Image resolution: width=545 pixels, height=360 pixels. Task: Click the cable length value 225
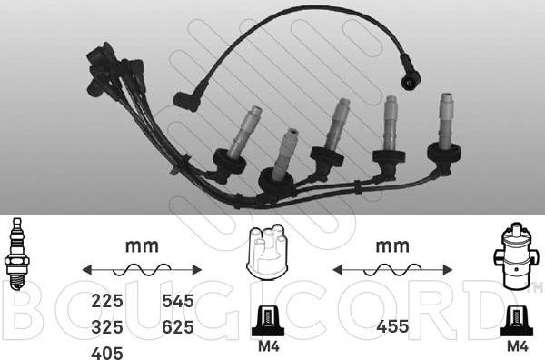[107, 301]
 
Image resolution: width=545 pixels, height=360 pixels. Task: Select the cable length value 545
[178, 301]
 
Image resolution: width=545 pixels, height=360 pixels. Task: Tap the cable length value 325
[107, 327]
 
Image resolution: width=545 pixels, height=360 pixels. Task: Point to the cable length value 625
[178, 327]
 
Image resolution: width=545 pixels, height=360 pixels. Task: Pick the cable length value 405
[107, 353]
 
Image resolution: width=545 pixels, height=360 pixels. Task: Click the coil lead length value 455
[392, 326]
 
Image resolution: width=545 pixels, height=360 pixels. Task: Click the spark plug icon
[16, 254]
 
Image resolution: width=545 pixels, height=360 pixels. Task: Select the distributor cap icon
[266, 252]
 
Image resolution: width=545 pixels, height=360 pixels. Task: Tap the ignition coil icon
[512, 255]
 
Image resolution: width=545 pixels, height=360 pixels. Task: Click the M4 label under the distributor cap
[269, 346]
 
